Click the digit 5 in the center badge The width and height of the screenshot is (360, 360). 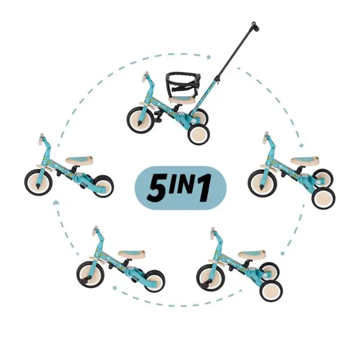pos(157,188)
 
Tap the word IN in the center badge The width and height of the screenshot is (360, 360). pos(182,184)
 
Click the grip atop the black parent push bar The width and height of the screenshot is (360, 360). pos(255,26)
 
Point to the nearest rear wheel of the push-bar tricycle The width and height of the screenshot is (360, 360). pos(199,134)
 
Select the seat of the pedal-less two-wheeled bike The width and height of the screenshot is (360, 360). pos(80,160)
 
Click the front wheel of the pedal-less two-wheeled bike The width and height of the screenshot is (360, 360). pos(38,182)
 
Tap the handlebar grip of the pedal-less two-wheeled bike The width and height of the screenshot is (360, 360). pos(41,139)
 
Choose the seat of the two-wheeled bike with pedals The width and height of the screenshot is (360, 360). pos(131,254)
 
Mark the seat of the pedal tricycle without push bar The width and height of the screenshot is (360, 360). pos(252,255)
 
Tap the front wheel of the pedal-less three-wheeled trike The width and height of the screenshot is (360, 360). pos(262,183)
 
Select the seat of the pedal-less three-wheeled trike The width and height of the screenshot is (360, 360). pos(304,160)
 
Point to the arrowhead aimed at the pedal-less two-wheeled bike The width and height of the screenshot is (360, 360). pos(56,203)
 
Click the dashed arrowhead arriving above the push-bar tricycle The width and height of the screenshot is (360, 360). pos(209,57)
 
